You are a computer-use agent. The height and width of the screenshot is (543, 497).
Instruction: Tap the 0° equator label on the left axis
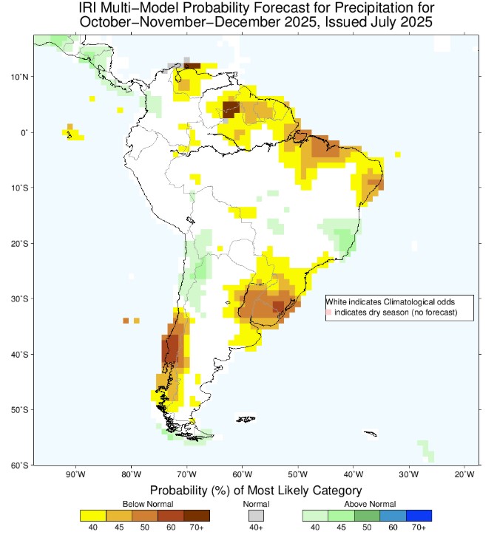tap(24, 132)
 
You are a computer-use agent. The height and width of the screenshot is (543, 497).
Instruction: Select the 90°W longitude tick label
tap(75, 474)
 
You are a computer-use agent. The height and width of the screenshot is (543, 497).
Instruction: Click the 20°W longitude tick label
tap(464, 474)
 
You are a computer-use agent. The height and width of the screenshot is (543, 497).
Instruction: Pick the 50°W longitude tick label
tap(297, 474)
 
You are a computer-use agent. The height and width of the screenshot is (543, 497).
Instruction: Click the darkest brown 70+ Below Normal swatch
tap(197, 515)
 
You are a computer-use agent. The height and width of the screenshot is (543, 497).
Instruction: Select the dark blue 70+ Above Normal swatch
tap(419, 515)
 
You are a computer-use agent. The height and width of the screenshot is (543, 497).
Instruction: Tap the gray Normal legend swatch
tap(255, 515)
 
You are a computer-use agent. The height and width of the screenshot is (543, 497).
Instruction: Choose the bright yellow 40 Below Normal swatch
tap(92, 515)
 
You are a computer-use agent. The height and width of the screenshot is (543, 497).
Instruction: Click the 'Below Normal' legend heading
tap(144, 503)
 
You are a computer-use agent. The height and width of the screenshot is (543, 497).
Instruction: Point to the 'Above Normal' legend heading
tap(367, 503)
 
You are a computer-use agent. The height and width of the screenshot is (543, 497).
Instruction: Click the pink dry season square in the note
tap(330, 313)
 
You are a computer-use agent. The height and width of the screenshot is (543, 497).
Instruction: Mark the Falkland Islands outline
tap(246, 420)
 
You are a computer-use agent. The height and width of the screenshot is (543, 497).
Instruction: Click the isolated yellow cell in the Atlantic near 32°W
tap(397, 154)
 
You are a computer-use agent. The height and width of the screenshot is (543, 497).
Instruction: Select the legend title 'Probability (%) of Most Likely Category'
tap(255, 490)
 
